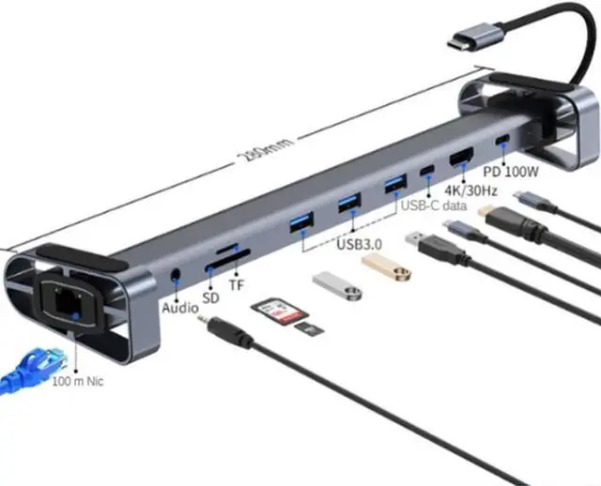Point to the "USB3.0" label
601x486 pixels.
point(358,249)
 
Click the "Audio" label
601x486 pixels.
point(179,307)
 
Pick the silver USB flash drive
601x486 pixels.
point(337,287)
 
